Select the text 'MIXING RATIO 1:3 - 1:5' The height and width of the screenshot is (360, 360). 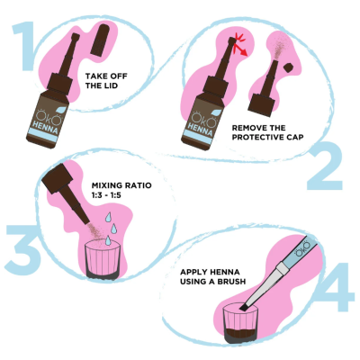point(120,192)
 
